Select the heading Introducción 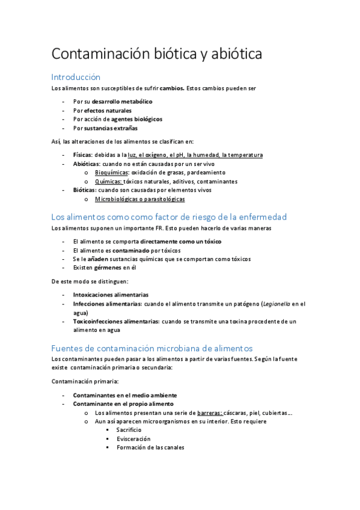(76, 77)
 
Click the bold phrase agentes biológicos (137, 119)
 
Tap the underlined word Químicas (108, 181)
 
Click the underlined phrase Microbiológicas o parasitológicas (139, 199)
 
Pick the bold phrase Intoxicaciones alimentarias (111, 295)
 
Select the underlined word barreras (209, 413)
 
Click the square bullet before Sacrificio (108, 431)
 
